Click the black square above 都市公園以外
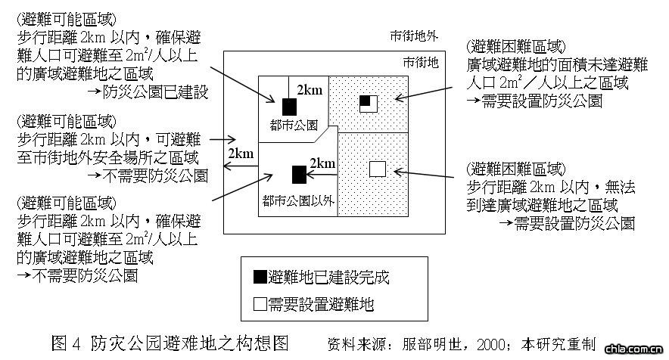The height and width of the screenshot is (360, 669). coord(299,175)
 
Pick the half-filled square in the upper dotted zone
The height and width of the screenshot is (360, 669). coord(368,104)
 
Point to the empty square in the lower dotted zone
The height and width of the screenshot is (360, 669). coord(377,169)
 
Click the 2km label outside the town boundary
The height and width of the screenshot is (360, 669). coord(240,154)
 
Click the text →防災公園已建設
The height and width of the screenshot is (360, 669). coord(148,93)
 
